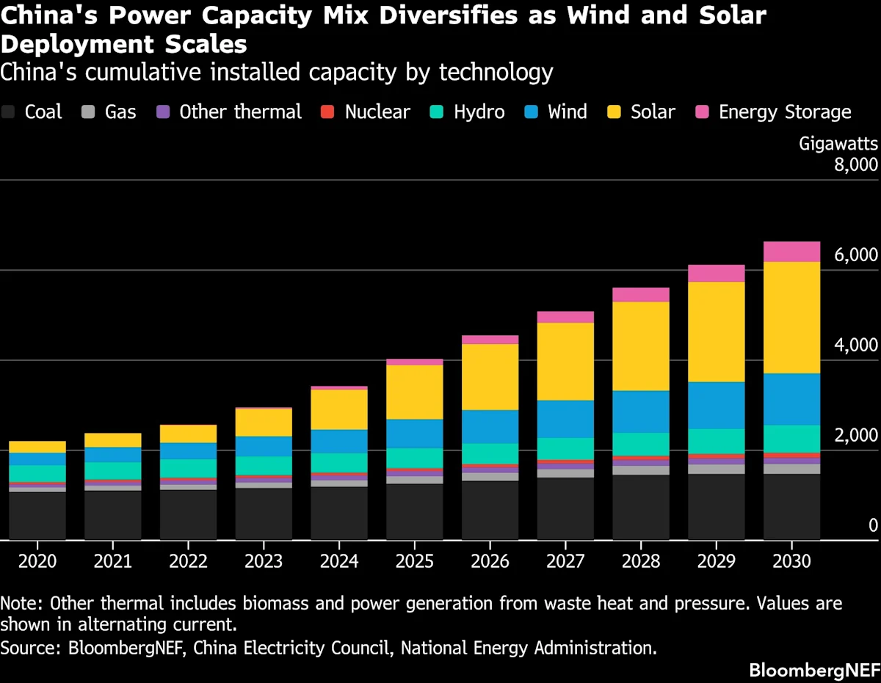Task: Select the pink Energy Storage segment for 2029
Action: (716, 273)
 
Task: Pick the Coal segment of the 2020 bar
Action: (37, 516)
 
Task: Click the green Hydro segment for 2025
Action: (414, 458)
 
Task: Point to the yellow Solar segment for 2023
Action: (263, 422)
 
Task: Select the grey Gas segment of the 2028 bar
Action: (640, 470)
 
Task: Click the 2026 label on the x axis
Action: (490, 561)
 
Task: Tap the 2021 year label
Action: (112, 561)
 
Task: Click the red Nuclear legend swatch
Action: (328, 112)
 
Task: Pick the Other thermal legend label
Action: (240, 112)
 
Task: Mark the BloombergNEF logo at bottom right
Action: (813, 670)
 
